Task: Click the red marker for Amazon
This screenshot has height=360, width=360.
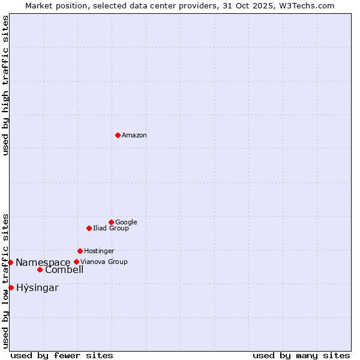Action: pyautogui.click(x=118, y=135)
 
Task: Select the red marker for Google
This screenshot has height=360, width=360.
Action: pyautogui.click(x=111, y=222)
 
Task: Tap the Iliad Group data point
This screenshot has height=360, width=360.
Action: pyautogui.click(x=89, y=228)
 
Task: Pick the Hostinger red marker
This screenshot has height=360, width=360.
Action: pyautogui.click(x=80, y=251)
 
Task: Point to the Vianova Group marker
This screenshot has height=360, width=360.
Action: pyautogui.click(x=76, y=262)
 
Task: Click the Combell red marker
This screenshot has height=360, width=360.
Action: pyautogui.click(x=40, y=269)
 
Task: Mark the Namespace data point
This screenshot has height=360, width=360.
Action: pyautogui.click(x=10, y=262)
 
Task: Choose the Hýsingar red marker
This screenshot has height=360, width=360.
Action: pyautogui.click(x=11, y=287)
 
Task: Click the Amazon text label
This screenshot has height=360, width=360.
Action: pyautogui.click(x=134, y=136)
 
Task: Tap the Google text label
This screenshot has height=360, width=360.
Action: pyautogui.click(x=126, y=223)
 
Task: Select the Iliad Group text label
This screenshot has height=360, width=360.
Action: pyautogui.click(x=111, y=229)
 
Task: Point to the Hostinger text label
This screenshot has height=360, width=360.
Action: pyautogui.click(x=99, y=251)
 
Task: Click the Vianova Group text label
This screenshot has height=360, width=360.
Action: pyautogui.click(x=104, y=262)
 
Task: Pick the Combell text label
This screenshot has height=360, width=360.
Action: pyautogui.click(x=64, y=270)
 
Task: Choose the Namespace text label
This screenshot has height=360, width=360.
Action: pyautogui.click(x=43, y=263)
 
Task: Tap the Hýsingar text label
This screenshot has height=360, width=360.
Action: pyautogui.click(x=37, y=288)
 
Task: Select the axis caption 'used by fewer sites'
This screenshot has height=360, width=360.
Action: pyautogui.click(x=62, y=355)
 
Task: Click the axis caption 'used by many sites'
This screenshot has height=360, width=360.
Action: pyautogui.click(x=301, y=355)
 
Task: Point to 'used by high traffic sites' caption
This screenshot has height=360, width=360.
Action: pyautogui.click(x=5, y=85)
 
